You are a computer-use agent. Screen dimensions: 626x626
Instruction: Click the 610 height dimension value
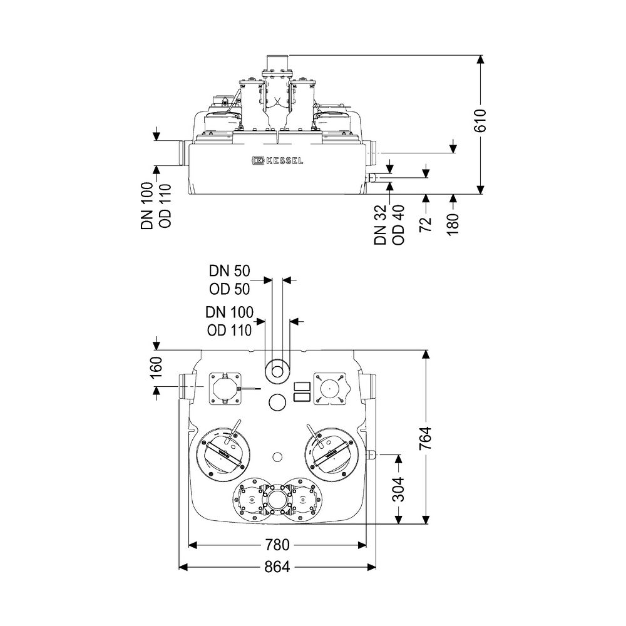coord(480,120)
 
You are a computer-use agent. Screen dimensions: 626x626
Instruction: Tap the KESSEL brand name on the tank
coord(284,160)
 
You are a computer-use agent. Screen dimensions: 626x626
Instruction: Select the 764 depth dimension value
coord(426,438)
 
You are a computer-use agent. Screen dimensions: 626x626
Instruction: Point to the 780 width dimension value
coord(277,545)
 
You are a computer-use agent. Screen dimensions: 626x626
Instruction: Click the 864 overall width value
coord(277,567)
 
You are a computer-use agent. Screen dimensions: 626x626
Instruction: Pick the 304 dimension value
coord(398,489)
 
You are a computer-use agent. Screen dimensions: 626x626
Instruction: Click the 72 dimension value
coord(426,224)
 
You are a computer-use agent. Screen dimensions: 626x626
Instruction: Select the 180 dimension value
coord(453,224)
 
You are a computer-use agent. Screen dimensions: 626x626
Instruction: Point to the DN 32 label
coord(381,224)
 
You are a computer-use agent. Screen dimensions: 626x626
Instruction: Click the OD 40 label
coord(398,224)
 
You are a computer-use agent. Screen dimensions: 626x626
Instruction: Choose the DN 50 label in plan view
coord(230,271)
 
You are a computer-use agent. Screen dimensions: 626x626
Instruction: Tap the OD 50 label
coord(230,289)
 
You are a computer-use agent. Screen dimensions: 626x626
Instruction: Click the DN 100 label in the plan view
coord(230,312)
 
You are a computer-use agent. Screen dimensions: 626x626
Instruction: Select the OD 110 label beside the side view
coord(165,205)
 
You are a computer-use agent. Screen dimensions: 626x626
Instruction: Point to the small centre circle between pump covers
coord(277,457)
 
